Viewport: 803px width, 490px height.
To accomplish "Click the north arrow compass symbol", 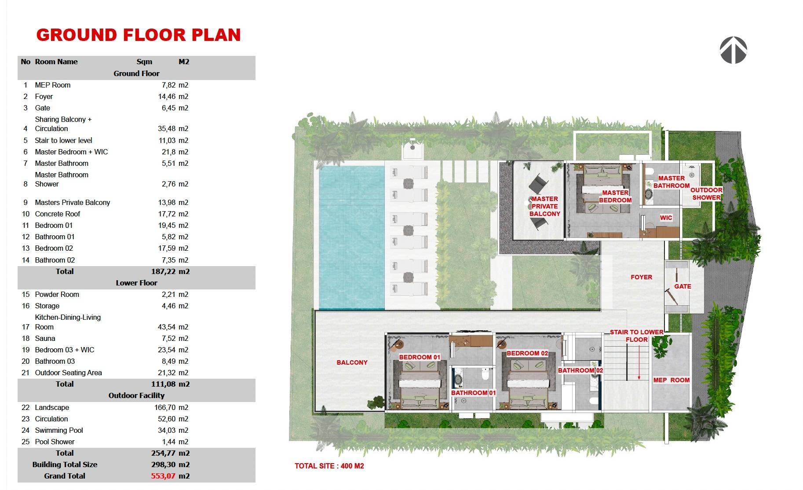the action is coord(733,50).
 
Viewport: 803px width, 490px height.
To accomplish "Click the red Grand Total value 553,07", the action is coord(163,476).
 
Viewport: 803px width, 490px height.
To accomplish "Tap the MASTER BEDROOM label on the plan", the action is coord(615,196).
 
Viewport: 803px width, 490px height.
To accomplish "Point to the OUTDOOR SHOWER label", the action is coord(706,194).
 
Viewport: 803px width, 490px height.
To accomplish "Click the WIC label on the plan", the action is coord(666,218).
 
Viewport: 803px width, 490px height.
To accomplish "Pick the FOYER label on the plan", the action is coord(641,277).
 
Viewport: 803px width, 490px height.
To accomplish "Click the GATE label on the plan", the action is coord(683,286).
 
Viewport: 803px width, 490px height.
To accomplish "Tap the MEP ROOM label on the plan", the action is coord(671,380).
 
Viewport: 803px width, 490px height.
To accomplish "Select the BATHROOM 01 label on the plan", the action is coord(473,393).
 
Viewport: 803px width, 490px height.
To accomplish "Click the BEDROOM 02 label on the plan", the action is coord(527,353).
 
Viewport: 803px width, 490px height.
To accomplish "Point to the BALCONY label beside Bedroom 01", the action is coord(352,362).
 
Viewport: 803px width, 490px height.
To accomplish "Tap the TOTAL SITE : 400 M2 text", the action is coord(329,466).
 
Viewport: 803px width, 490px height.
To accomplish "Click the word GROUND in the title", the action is coord(77,35).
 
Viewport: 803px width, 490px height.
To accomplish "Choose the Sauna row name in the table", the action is coord(45,338).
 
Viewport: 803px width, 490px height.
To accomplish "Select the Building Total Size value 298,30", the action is coord(164,464).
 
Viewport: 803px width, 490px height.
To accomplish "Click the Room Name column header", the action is coord(56,62).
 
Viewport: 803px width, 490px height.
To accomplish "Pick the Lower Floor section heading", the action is coord(136,283).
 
